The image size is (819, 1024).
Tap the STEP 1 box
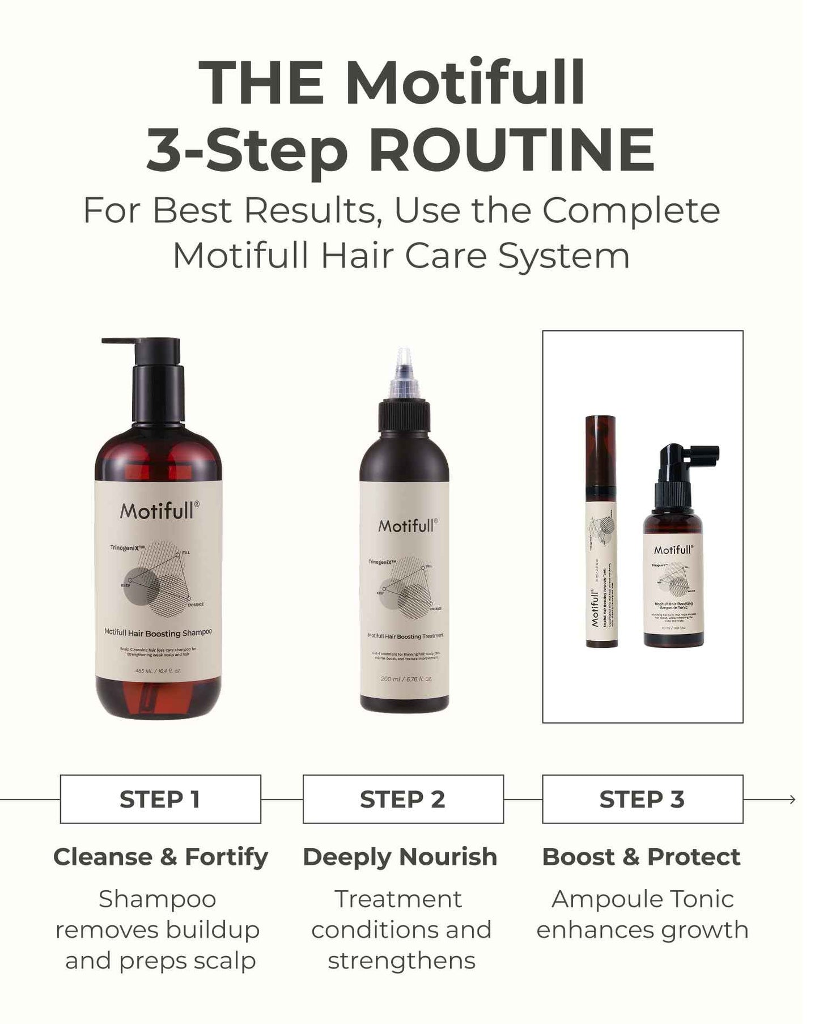[x=160, y=799]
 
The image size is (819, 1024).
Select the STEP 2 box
[x=403, y=799]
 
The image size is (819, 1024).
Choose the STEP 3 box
[x=642, y=799]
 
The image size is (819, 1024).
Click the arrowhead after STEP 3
[x=792, y=800]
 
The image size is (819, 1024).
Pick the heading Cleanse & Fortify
[x=160, y=857]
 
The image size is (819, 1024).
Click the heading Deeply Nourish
[x=400, y=857]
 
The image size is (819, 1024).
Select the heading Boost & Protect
[x=641, y=857]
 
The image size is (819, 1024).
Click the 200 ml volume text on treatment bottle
[x=406, y=679]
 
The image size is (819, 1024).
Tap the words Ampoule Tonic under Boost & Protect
[x=642, y=899]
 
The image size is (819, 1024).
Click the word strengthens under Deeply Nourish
[x=401, y=961]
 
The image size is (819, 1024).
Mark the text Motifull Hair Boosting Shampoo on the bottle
[x=158, y=633]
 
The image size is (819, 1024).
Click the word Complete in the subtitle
[x=631, y=210]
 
